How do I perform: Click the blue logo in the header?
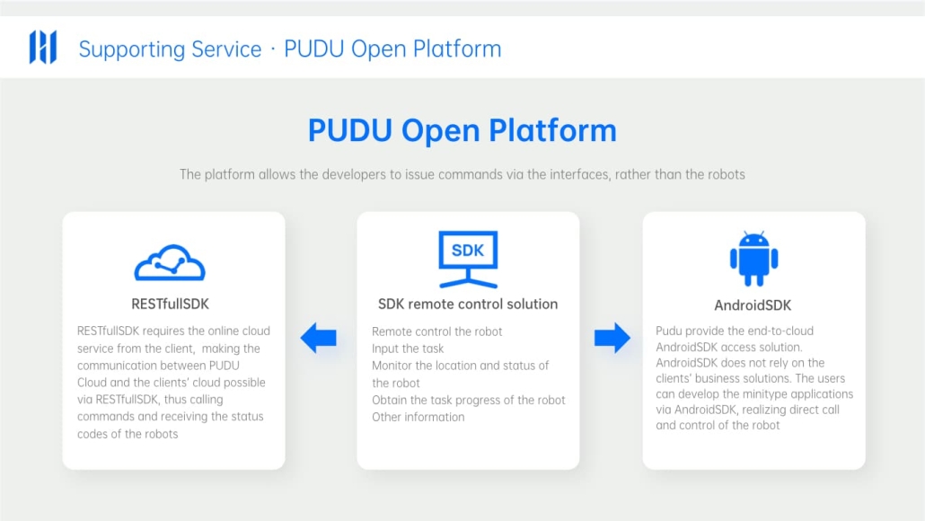tap(43, 47)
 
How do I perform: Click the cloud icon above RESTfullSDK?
tap(170, 262)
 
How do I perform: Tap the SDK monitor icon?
tap(468, 259)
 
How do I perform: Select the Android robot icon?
tap(754, 259)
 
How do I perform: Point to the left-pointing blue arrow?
tap(319, 338)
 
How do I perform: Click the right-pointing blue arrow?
tap(612, 338)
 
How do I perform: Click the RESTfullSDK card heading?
tap(170, 304)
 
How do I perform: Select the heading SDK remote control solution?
tap(468, 304)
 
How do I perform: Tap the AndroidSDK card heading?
tap(753, 305)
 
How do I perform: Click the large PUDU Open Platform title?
tap(462, 130)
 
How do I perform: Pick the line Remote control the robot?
tap(437, 331)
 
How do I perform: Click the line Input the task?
tap(408, 349)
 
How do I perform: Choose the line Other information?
tap(418, 417)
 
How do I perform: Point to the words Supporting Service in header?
tap(170, 49)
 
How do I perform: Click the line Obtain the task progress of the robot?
tap(469, 400)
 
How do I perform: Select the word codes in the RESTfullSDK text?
tap(92, 434)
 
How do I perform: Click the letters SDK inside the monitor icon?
tap(468, 251)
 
